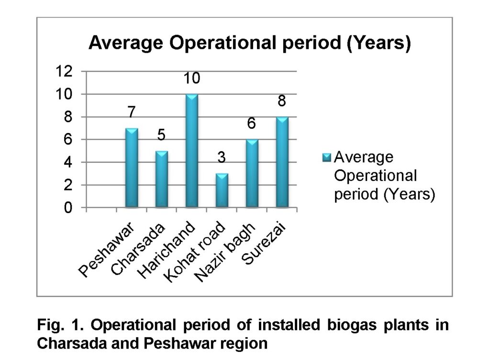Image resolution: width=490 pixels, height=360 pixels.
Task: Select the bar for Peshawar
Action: [x=132, y=168]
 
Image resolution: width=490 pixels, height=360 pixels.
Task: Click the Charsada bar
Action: [x=162, y=179]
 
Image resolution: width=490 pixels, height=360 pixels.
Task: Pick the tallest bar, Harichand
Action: [x=191, y=151]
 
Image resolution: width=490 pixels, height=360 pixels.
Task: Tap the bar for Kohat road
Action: [x=222, y=191]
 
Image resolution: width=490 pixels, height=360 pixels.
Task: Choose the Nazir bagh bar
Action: [x=252, y=173]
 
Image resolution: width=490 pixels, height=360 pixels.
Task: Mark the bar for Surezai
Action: [x=282, y=162]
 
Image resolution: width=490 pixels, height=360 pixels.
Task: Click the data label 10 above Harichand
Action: [x=191, y=78]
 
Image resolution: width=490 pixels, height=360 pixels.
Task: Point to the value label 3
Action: [x=222, y=157]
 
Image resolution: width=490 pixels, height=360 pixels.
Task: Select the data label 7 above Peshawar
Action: [x=132, y=112]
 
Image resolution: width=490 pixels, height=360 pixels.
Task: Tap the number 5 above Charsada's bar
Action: [x=161, y=135]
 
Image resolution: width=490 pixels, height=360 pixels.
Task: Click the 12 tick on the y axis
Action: [x=64, y=71]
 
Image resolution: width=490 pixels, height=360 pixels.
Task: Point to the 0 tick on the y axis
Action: [x=68, y=208]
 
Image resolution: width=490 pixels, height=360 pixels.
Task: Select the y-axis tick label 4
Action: [x=68, y=162]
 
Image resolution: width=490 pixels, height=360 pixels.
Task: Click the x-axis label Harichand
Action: [x=167, y=250]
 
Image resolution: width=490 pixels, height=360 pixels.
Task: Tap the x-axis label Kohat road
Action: [x=194, y=252]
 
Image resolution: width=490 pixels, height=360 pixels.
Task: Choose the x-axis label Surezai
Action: [x=264, y=243]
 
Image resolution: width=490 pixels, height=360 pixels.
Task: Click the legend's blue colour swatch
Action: [x=326, y=157]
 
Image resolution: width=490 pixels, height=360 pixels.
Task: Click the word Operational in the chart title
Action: [x=224, y=43]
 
